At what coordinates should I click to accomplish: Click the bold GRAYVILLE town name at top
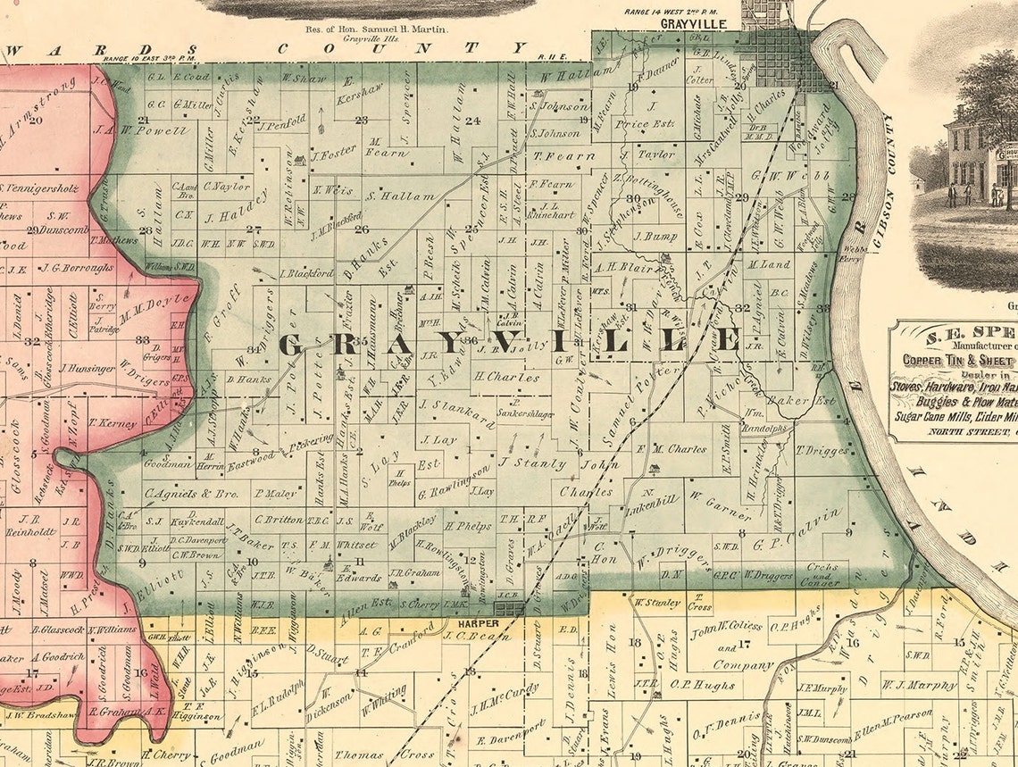click(x=695, y=23)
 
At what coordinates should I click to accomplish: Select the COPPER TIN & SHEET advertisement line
click(x=960, y=360)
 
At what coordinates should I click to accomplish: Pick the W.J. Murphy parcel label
click(x=920, y=686)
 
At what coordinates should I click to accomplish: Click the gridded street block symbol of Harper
click(x=510, y=609)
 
